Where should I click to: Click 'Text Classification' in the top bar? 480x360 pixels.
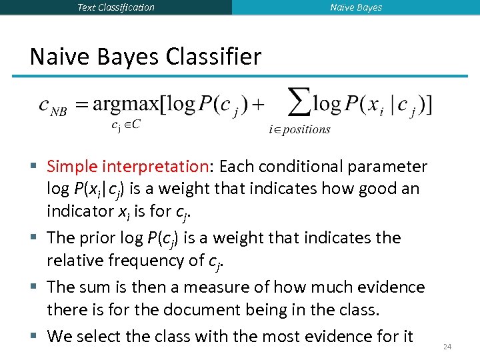116,7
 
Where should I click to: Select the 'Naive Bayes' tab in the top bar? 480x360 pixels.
356,7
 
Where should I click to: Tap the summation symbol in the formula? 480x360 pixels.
298,103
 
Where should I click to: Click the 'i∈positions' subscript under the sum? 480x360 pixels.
299,129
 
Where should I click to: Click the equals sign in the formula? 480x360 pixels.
82,105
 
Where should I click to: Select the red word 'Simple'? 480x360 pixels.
73,166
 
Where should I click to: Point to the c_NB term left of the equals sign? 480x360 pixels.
53,107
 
